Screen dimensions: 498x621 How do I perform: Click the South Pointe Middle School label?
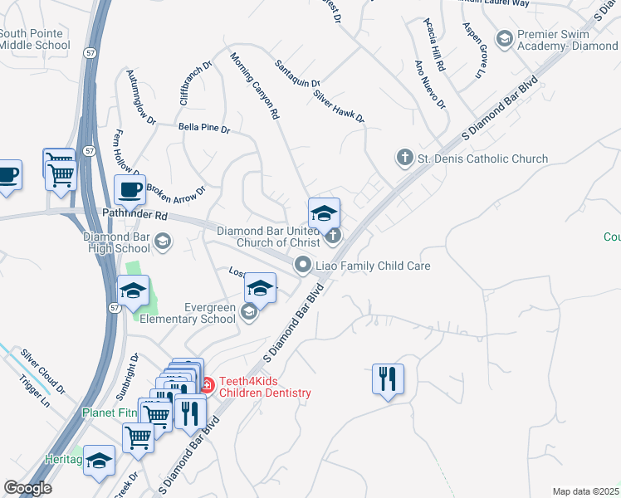(x=34, y=39)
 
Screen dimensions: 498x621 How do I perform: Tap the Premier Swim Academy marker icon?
(x=504, y=38)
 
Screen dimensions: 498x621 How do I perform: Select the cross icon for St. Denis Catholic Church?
(x=404, y=158)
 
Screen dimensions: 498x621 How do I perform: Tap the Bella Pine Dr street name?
(x=204, y=129)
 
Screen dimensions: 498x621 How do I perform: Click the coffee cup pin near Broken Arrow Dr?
(x=130, y=190)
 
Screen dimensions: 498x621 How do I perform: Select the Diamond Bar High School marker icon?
(x=163, y=242)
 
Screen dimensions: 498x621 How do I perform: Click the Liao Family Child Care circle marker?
(x=303, y=266)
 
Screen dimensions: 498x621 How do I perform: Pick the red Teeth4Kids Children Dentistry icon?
(x=207, y=385)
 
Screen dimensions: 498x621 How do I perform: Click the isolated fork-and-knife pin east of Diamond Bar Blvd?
(x=388, y=379)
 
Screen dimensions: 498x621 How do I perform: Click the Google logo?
(x=27, y=488)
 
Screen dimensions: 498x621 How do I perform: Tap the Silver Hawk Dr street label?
(x=339, y=106)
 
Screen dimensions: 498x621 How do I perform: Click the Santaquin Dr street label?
(x=298, y=72)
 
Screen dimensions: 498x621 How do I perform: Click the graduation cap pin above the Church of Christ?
(x=324, y=212)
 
